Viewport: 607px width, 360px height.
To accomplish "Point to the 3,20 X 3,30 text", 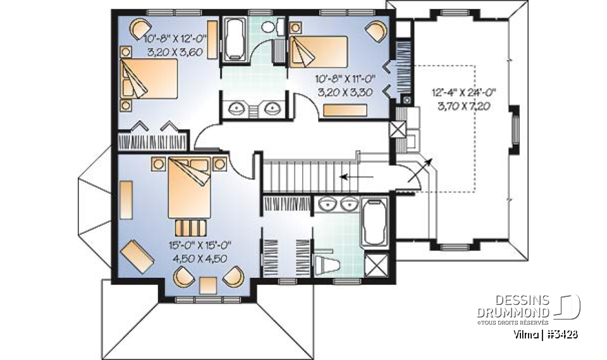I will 345,92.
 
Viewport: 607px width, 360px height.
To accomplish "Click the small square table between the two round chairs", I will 208,285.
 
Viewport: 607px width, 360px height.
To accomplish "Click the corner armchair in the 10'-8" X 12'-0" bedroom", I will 140,28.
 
